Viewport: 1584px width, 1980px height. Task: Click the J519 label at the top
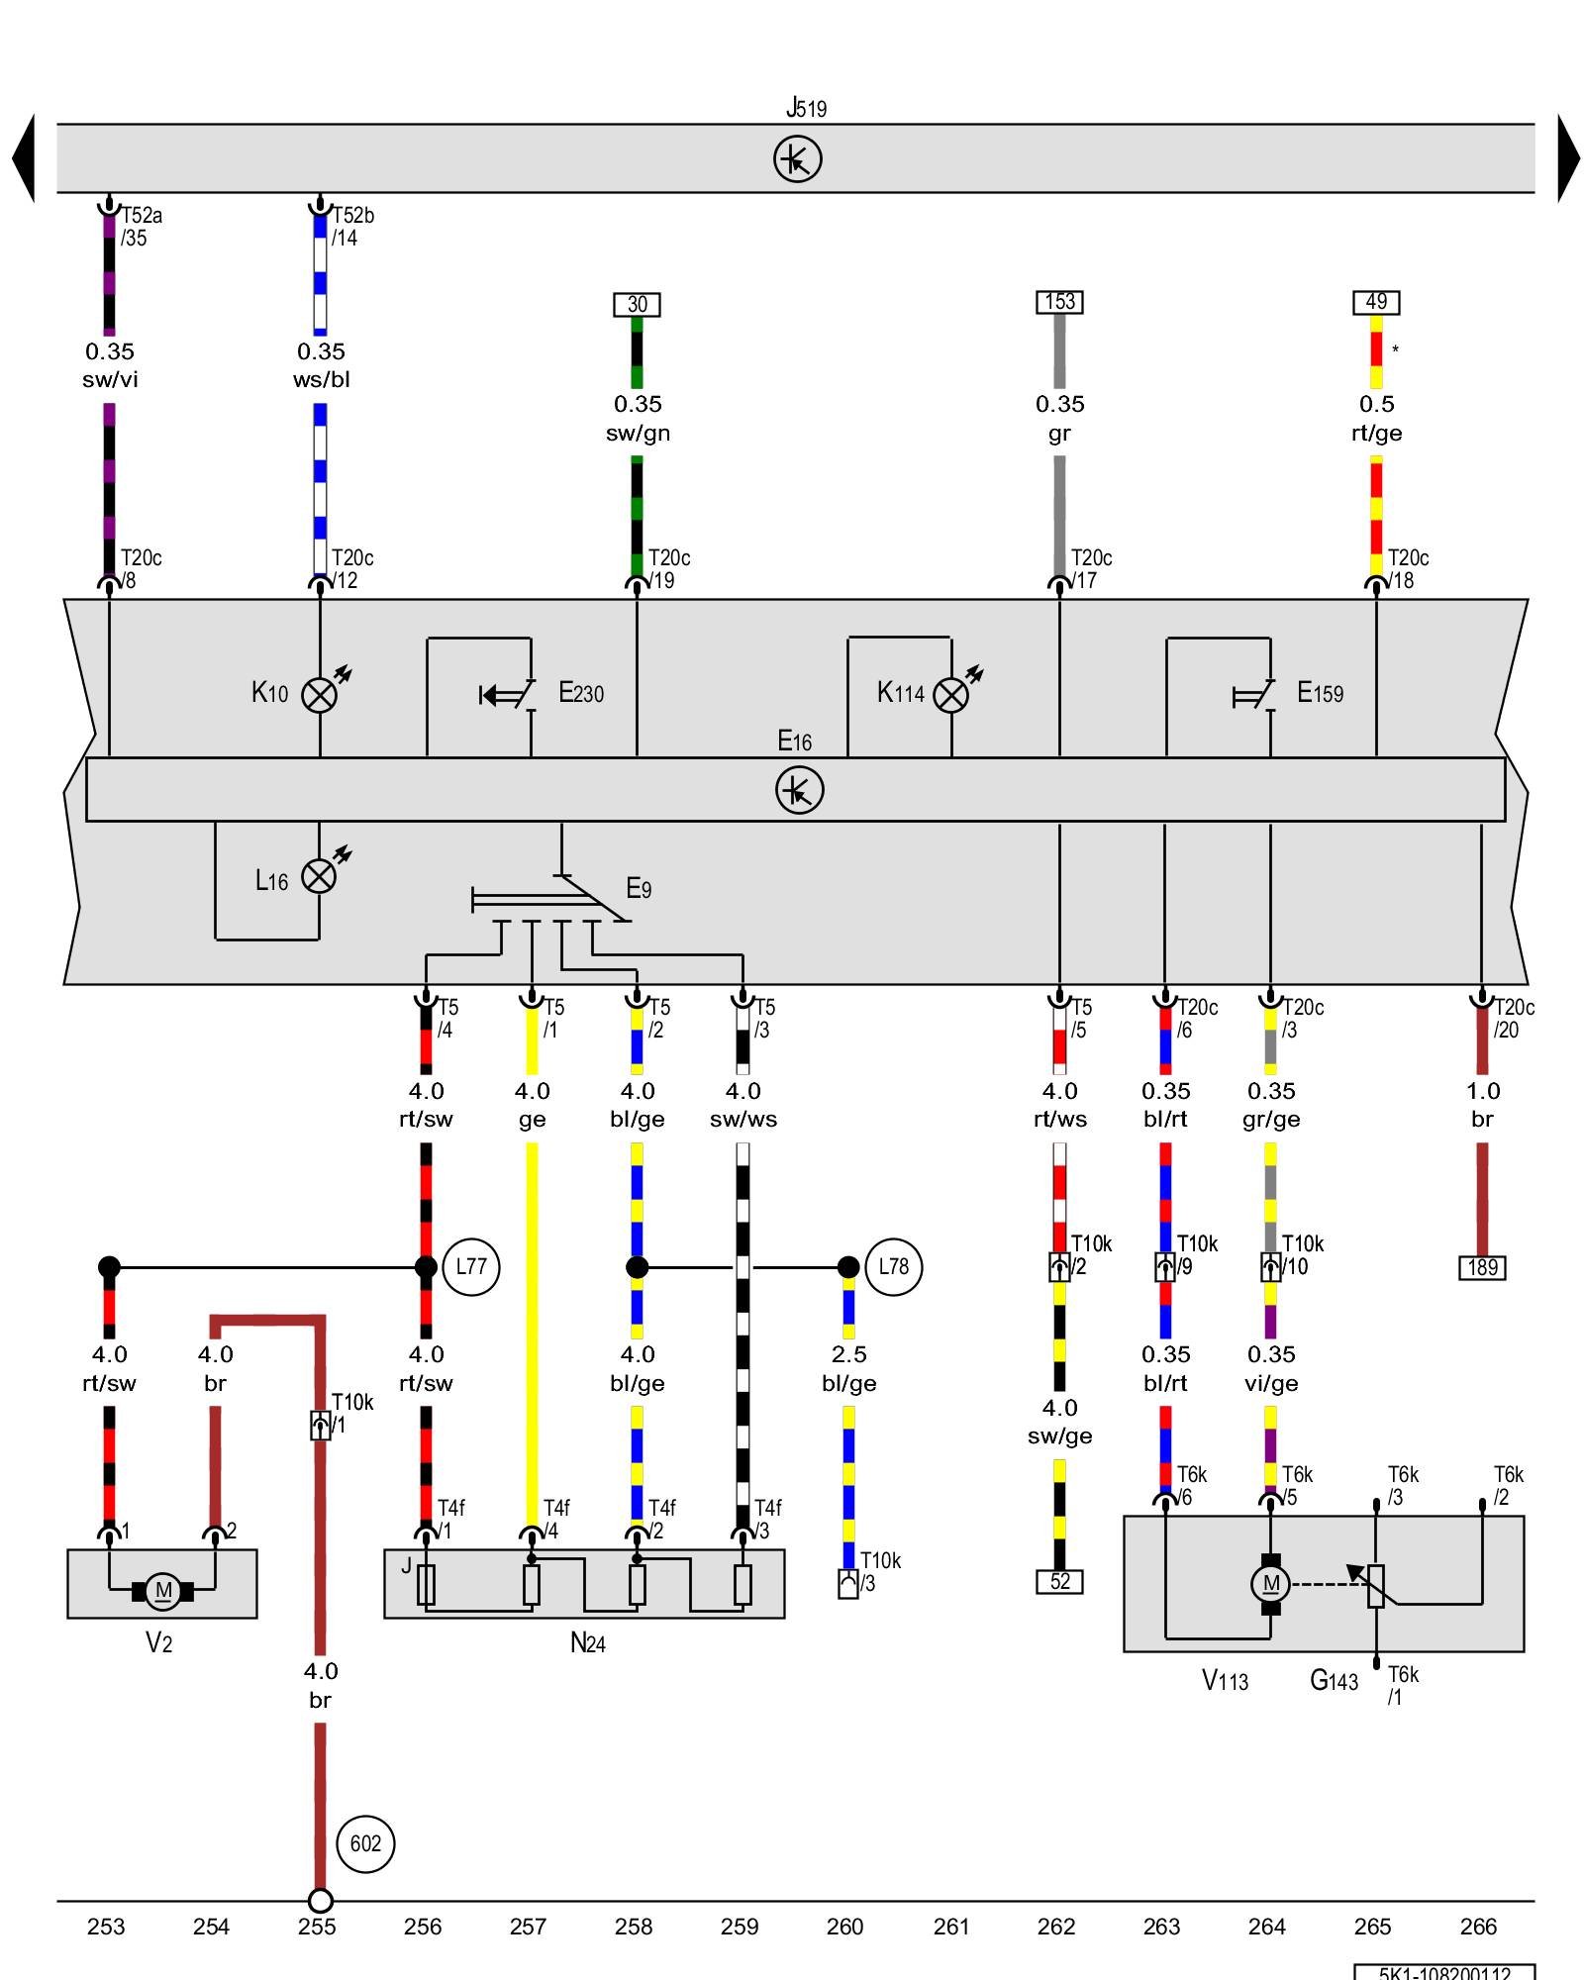coord(806,107)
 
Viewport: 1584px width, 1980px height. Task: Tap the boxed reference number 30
coord(637,304)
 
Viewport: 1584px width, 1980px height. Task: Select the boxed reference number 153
coord(1059,301)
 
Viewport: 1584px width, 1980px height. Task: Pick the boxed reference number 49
coord(1376,301)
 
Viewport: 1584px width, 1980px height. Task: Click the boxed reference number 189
coord(1482,1267)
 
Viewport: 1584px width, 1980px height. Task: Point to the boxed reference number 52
coord(1059,1581)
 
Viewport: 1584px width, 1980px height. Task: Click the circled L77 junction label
coord(471,1266)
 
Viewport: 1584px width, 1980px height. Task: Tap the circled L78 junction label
coord(893,1266)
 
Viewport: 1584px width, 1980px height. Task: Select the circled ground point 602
coord(365,1843)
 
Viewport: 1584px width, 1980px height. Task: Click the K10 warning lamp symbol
coord(319,694)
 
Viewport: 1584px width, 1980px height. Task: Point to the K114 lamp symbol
coord(951,694)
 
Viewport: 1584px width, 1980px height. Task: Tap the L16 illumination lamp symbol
coord(319,875)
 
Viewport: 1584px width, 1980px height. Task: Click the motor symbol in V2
coord(162,1591)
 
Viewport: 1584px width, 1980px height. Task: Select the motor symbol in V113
coord(1270,1583)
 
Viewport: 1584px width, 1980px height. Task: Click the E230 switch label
coord(581,693)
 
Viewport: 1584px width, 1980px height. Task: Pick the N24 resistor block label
coord(587,1643)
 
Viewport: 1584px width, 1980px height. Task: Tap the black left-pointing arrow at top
coord(23,158)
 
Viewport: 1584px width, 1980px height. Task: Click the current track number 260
coord(844,1927)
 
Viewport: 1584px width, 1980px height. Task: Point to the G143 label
coord(1334,1680)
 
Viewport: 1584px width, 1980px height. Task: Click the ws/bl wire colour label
coord(321,379)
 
